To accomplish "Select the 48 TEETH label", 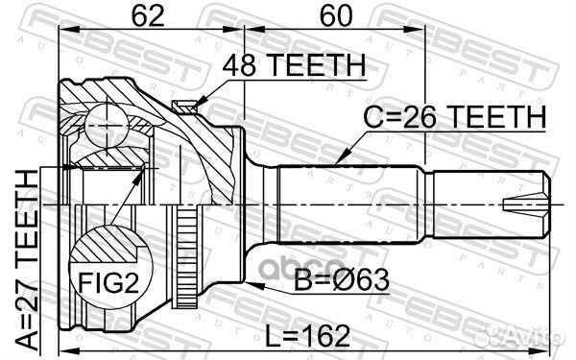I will (294, 65).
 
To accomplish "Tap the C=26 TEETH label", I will (455, 117).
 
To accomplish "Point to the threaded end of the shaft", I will (490, 203).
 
